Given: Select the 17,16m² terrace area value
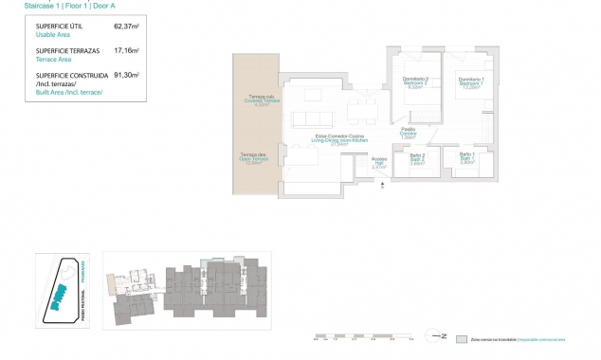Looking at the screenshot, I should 127,50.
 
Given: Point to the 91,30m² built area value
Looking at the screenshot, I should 127,74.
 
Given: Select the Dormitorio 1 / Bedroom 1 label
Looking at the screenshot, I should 469,82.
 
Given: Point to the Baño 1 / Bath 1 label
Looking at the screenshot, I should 466,158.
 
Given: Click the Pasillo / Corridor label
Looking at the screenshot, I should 409,134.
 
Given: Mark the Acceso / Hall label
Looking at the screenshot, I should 378,162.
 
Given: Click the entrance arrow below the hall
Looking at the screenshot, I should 381,186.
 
